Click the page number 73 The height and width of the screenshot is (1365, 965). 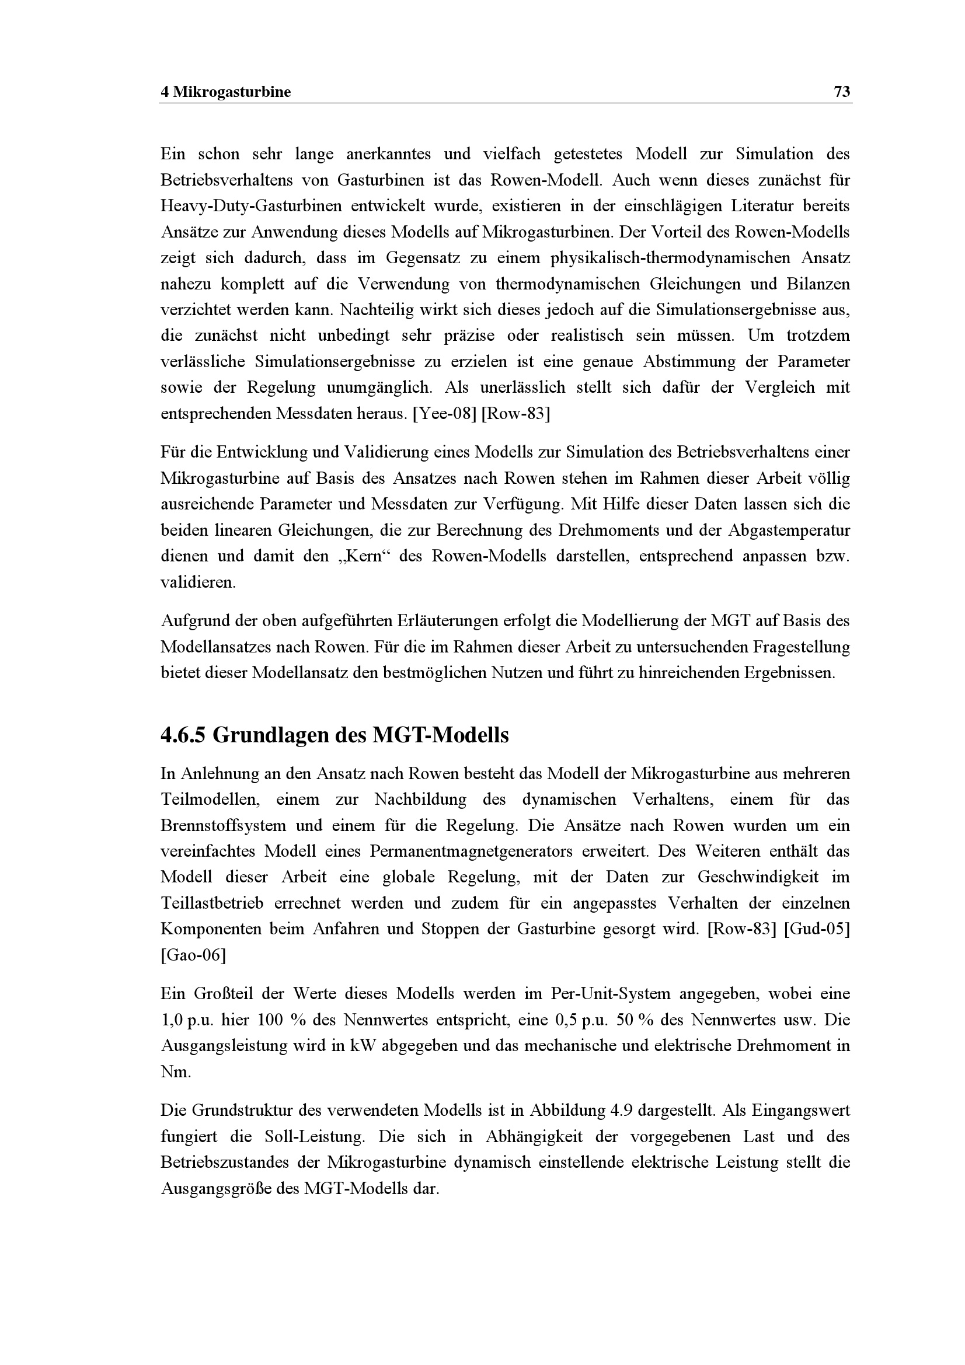point(842,92)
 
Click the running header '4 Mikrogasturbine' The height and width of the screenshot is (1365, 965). point(226,92)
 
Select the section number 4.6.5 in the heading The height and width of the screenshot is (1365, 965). point(183,736)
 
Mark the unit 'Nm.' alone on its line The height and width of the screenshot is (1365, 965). point(176,1072)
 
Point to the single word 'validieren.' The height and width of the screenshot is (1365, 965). point(198,582)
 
